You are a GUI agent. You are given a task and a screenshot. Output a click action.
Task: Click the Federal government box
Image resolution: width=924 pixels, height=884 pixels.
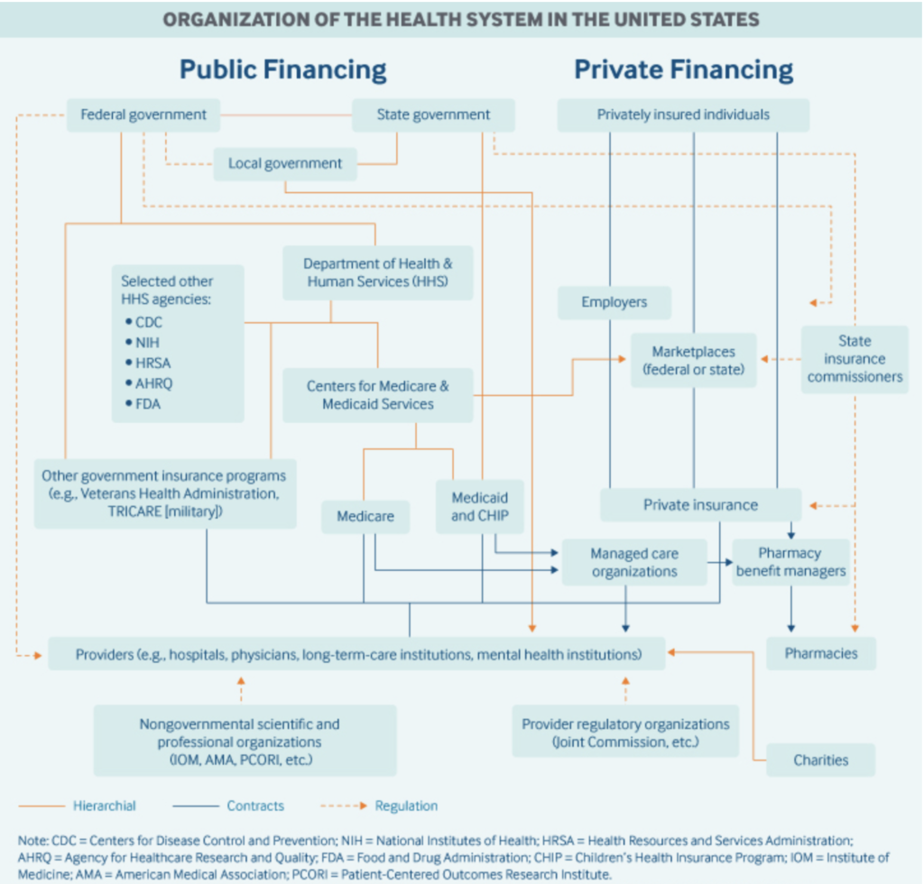tap(143, 115)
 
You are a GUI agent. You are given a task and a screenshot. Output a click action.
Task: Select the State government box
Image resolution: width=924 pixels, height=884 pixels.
tap(433, 115)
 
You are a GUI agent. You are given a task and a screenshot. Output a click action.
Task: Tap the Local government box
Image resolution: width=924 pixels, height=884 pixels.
tap(285, 164)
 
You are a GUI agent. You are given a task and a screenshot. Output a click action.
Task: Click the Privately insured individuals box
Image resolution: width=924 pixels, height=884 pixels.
tap(684, 115)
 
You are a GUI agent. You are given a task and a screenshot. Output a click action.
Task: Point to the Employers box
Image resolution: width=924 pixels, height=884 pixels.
tap(614, 303)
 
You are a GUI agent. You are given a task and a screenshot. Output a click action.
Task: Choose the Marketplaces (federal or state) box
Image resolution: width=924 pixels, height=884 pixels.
tap(694, 361)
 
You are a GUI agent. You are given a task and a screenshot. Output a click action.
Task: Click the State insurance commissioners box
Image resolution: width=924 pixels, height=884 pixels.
tap(855, 359)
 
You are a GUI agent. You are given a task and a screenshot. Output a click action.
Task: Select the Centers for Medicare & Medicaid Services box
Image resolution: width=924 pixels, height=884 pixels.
tap(378, 395)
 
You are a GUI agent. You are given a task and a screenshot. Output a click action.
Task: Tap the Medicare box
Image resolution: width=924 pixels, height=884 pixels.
tap(365, 517)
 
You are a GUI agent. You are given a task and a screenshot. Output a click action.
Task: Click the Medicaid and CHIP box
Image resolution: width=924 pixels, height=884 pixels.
tap(480, 507)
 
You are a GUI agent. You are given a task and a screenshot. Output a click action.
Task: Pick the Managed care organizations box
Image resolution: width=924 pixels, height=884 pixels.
tap(634, 563)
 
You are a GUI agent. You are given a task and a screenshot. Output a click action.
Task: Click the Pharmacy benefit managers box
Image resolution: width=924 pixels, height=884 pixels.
tap(790, 563)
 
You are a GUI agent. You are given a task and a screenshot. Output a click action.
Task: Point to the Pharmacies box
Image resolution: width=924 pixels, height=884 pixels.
tap(821, 654)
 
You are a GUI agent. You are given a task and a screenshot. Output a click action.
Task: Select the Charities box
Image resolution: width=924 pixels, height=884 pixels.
tap(821, 760)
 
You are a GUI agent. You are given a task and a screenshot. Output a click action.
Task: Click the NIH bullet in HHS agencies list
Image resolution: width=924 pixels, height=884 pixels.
tap(143, 343)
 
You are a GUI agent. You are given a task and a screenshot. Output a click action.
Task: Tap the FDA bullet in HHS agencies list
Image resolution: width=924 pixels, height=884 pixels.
tap(143, 404)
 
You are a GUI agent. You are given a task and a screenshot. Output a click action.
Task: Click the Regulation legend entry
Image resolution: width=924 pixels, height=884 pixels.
tap(379, 806)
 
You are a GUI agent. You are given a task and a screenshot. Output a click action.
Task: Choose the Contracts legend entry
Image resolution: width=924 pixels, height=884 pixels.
tap(228, 806)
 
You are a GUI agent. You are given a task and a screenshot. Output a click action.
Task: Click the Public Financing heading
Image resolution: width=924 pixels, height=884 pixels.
tap(282, 69)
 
